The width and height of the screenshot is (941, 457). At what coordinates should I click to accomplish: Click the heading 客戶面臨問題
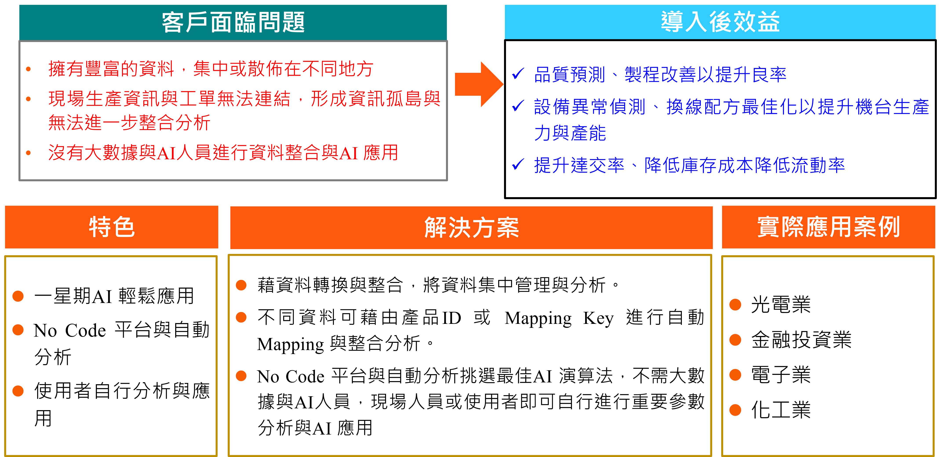tap(233, 22)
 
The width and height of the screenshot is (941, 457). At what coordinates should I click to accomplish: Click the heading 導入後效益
tap(720, 22)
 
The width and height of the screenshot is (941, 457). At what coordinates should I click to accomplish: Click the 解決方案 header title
tap(471, 228)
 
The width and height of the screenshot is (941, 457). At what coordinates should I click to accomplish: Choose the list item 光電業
tap(781, 305)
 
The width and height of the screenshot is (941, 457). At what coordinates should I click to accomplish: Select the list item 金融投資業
tap(801, 340)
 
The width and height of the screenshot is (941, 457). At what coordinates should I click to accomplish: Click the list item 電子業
tap(781, 375)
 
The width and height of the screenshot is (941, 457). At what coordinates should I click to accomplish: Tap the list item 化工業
tap(781, 410)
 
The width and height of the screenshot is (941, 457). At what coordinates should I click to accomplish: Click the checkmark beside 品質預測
tap(518, 74)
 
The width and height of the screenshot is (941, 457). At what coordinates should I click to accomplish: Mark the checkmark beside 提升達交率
tap(518, 165)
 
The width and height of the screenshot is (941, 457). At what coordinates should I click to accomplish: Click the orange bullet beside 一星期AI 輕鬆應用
tap(18, 296)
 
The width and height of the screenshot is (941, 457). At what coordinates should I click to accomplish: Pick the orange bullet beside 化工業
tap(735, 410)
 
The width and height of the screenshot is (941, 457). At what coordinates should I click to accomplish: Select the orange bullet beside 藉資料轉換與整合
tap(241, 285)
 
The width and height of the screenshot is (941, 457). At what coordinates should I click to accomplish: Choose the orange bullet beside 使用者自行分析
tap(18, 391)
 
